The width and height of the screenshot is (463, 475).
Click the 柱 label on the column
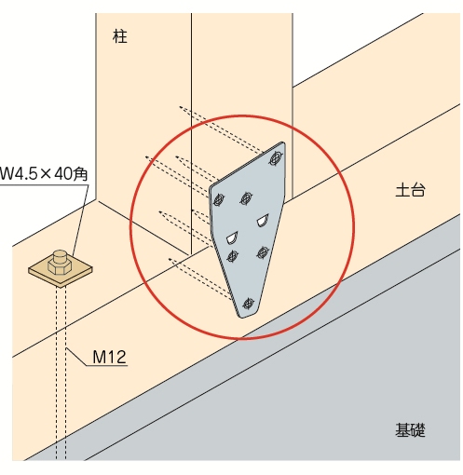coord(120,36)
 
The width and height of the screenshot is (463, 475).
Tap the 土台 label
coord(410,189)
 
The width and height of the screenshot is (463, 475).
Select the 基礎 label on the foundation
coord(410,430)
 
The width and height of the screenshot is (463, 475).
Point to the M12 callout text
coord(110,357)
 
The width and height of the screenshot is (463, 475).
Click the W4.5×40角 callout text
coord(44,173)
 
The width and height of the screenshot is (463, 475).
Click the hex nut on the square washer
coord(60,266)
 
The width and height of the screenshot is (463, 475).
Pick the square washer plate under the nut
coord(61,273)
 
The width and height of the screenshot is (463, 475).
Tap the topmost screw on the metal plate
coord(276,158)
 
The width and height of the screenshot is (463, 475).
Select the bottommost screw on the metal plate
coord(248,304)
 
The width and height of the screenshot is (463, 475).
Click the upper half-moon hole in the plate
coord(263,220)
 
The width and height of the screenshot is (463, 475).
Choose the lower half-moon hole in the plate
coord(232,237)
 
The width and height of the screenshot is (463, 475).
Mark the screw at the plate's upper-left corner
coord(219,199)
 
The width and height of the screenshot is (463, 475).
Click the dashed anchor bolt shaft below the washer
coord(61,373)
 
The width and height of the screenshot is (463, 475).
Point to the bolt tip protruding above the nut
coord(60,255)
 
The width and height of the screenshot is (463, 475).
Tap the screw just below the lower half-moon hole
coord(232,256)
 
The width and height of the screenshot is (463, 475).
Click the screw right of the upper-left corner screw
coord(246,197)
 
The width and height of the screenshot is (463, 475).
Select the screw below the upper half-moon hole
coord(263,252)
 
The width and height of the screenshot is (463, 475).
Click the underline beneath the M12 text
coord(107,365)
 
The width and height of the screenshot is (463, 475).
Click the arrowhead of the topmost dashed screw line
coord(181,107)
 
